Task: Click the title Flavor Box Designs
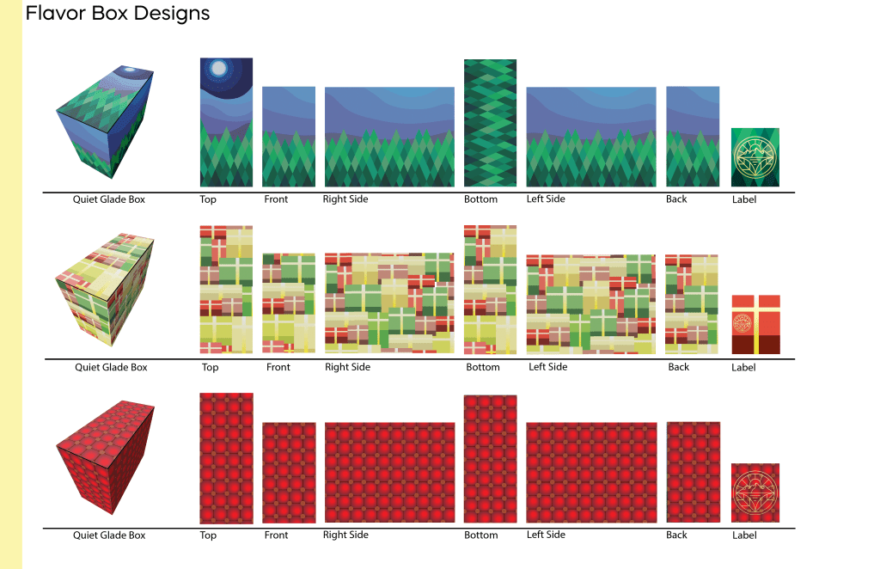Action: pyautogui.click(x=118, y=14)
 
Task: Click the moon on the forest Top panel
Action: pyautogui.click(x=219, y=68)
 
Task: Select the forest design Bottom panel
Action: pyautogui.click(x=490, y=123)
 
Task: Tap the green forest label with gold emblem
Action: pyautogui.click(x=755, y=157)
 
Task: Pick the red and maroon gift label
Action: pyautogui.click(x=755, y=324)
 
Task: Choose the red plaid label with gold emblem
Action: pyautogui.click(x=755, y=493)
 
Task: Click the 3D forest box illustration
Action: pyautogui.click(x=107, y=121)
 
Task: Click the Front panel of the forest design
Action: pyautogui.click(x=289, y=137)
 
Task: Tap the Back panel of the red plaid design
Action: pyautogui.click(x=693, y=472)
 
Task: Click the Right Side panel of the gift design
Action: pyautogui.click(x=389, y=303)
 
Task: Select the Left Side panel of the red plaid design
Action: pyautogui.click(x=591, y=472)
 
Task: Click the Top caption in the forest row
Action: pyautogui.click(x=208, y=199)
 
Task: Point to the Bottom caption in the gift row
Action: pyautogui.click(x=483, y=367)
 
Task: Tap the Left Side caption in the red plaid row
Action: pyautogui.click(x=546, y=535)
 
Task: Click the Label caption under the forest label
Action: pyautogui.click(x=744, y=199)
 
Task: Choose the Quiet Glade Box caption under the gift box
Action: pyautogui.click(x=111, y=367)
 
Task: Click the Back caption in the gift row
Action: pyautogui.click(x=679, y=367)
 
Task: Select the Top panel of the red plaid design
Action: pyautogui.click(x=226, y=458)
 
